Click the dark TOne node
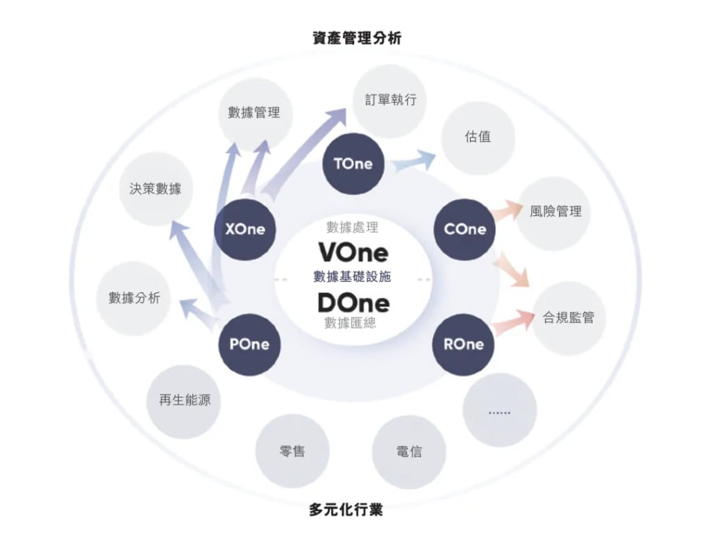click(353, 164)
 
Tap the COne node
click(465, 229)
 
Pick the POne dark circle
click(249, 344)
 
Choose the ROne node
click(463, 344)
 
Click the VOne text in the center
click(353, 251)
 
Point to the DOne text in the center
click(353, 303)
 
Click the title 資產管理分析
click(357, 38)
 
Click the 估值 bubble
click(478, 137)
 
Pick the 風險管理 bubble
click(555, 212)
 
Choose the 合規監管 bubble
click(568, 318)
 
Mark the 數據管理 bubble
click(253, 113)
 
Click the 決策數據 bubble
click(155, 189)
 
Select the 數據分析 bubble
click(134, 298)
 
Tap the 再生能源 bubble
click(184, 401)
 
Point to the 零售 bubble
click(292, 451)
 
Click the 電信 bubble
click(409, 452)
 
